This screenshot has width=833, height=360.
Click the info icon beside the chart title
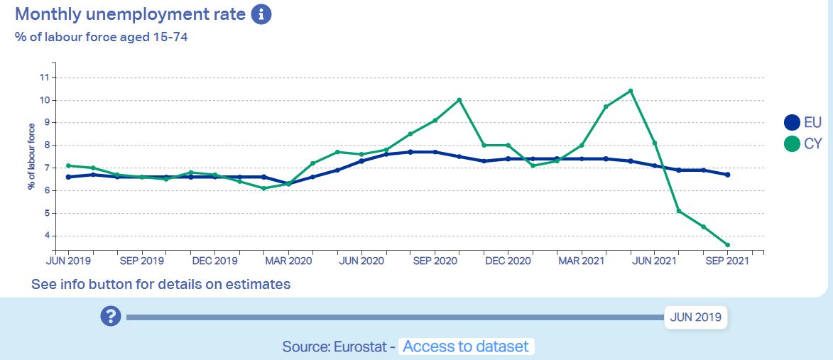pos(261,13)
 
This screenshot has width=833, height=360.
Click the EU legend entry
pos(803,123)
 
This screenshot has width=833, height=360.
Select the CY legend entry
pos(803,143)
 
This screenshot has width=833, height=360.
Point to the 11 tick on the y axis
pos(45,77)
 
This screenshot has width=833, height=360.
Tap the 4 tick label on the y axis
pos(46,236)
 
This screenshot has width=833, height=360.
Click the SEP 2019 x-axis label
pos(141,261)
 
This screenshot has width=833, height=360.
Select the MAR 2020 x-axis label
pos(288,261)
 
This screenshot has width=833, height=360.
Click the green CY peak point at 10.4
pos(631,91)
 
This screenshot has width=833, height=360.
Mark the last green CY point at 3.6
pos(728,245)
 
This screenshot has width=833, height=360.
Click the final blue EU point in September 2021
pos(728,175)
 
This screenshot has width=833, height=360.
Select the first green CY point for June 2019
pos(68,165)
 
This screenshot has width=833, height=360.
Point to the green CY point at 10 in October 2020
pos(459,99)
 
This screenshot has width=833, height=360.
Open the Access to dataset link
pos(466,347)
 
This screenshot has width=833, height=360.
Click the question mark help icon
pos(111,317)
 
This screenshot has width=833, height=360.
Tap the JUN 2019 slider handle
pos(696,317)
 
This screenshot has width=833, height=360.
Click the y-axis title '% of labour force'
pos(31,156)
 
